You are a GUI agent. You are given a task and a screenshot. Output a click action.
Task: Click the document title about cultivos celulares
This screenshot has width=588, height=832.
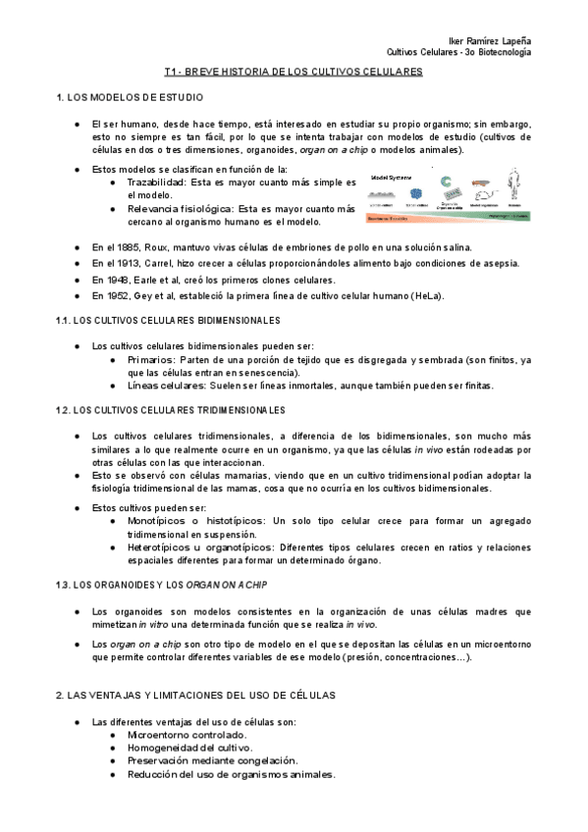pos(293,73)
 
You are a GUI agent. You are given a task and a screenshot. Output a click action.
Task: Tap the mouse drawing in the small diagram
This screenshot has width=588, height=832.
pos(481,183)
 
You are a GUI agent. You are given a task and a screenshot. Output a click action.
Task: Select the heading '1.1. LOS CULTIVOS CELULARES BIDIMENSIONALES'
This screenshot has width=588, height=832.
pos(169,321)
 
